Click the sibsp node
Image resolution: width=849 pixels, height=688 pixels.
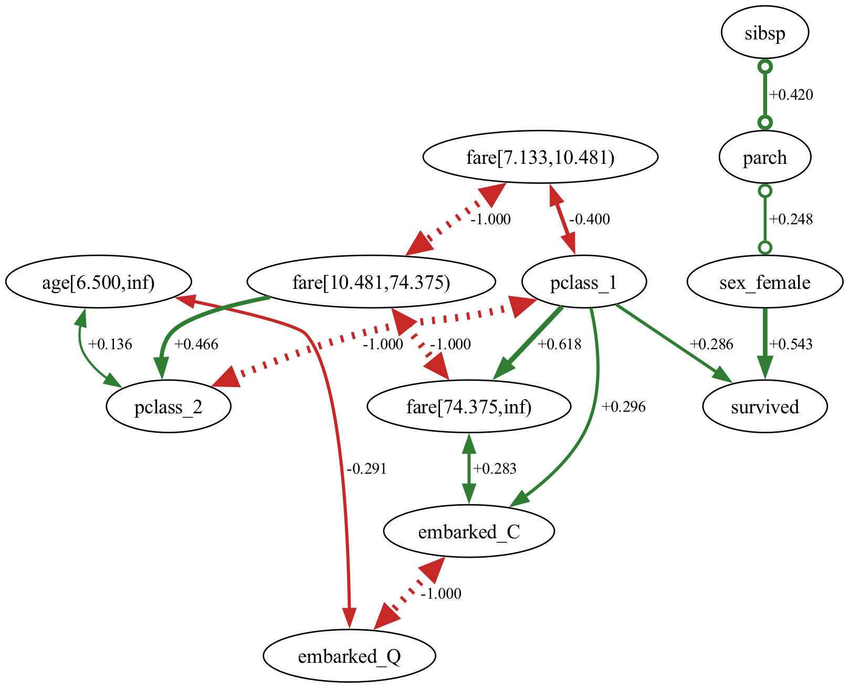(764, 33)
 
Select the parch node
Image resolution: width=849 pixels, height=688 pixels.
(764, 157)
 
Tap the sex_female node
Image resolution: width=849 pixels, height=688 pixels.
(764, 283)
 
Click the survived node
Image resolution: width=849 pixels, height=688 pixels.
(764, 407)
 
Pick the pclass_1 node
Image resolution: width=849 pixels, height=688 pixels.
(583, 283)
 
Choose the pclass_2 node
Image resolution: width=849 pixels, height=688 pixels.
(168, 407)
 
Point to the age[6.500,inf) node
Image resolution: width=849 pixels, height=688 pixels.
(98, 283)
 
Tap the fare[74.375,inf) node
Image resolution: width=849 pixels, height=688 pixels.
(469, 407)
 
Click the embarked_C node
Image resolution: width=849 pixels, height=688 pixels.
(469, 532)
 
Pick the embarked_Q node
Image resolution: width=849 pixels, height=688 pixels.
(349, 656)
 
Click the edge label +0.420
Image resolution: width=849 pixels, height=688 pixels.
(791, 95)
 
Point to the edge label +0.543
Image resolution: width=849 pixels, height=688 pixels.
(790, 345)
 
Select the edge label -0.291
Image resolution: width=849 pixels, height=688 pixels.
(366, 468)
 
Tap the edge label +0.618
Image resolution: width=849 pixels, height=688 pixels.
(559, 345)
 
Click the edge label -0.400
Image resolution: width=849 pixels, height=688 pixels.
(589, 220)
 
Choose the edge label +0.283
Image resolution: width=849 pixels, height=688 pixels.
(495, 468)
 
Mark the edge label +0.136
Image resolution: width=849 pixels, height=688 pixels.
(110, 345)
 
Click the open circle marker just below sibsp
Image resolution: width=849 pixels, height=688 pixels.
(765, 67)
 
